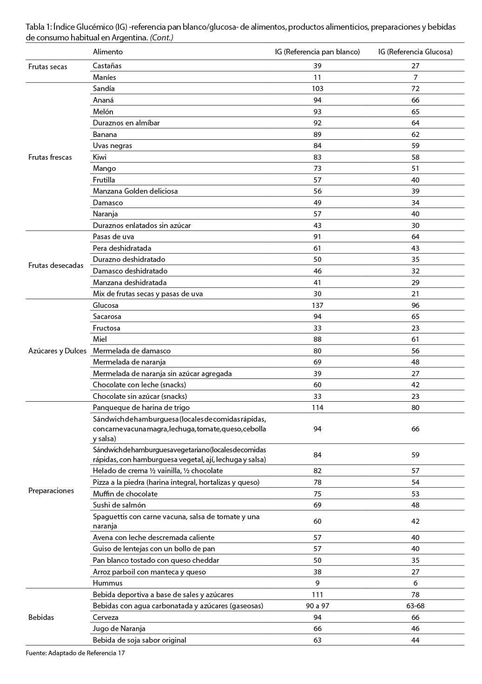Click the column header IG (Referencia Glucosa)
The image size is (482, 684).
[415, 52]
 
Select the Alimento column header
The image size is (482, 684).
[108, 52]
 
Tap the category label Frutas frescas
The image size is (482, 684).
[50, 157]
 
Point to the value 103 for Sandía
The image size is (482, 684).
[317, 89]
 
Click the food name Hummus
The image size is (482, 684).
[108, 583]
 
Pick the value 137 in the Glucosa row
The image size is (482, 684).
[317, 306]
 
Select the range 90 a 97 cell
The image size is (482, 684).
[317, 606]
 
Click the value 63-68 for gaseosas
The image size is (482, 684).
[415, 606]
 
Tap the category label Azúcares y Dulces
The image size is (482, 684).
[58, 351]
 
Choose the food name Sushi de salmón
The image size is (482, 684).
[119, 505]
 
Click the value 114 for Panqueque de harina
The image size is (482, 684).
[317, 408]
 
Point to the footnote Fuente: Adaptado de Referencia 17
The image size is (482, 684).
[75, 653]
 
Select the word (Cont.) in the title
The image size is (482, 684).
[162, 38]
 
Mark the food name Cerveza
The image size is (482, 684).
[106, 618]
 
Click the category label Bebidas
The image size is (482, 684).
[41, 618]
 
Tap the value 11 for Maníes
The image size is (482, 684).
[317, 78]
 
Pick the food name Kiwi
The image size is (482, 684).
[99, 157]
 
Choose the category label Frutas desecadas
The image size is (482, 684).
[56, 266]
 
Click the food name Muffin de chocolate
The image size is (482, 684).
[125, 494]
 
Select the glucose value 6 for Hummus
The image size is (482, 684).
[415, 583]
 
